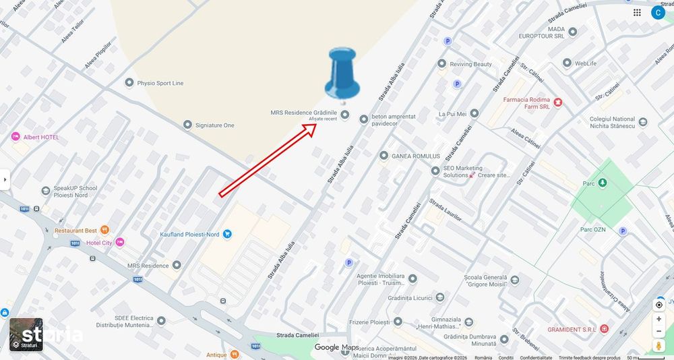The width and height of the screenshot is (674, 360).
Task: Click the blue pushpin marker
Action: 342,73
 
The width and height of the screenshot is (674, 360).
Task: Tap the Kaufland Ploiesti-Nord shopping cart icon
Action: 227,234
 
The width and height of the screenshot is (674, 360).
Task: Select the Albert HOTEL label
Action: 41,138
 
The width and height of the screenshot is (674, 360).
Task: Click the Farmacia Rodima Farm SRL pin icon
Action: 557,102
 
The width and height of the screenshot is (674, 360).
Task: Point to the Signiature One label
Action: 214,125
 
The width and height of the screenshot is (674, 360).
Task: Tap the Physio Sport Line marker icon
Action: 129,83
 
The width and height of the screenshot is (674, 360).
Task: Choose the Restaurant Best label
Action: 76,231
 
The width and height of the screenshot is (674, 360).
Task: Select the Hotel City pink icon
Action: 120,242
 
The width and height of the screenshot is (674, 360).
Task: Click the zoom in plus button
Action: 658,319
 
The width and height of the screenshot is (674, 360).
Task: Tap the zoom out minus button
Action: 658,331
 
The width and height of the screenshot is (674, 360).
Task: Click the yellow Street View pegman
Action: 658,345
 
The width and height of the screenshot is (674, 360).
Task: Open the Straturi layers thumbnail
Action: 26,334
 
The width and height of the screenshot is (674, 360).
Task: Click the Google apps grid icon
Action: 637,12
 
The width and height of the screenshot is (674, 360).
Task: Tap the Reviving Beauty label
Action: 471,64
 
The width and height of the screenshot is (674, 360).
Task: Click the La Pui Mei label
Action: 452,114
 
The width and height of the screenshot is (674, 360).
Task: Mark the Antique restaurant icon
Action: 234,355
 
